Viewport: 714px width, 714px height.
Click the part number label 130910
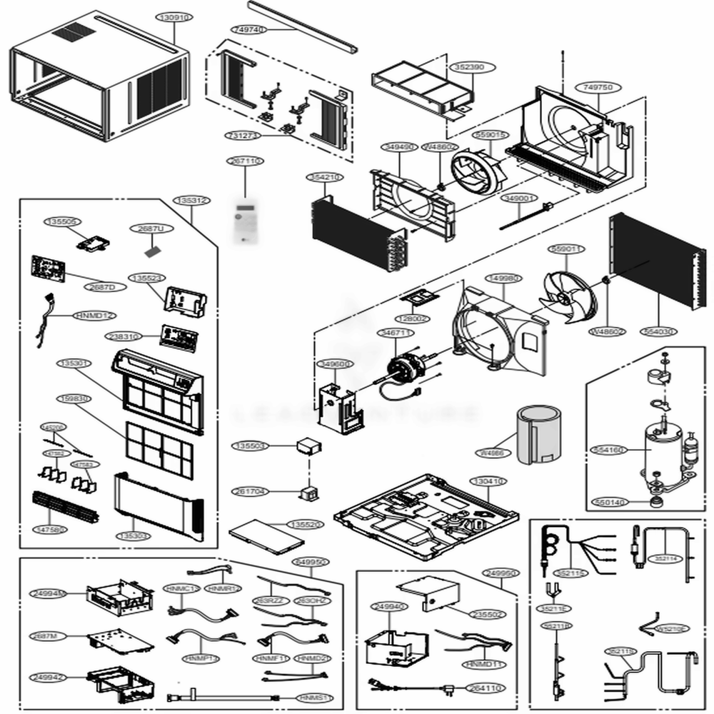click(174, 17)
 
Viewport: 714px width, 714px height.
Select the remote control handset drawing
click(244, 222)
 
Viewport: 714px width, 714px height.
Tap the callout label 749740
click(248, 29)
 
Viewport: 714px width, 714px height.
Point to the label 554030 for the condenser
click(658, 332)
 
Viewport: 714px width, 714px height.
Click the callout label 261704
click(249, 491)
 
